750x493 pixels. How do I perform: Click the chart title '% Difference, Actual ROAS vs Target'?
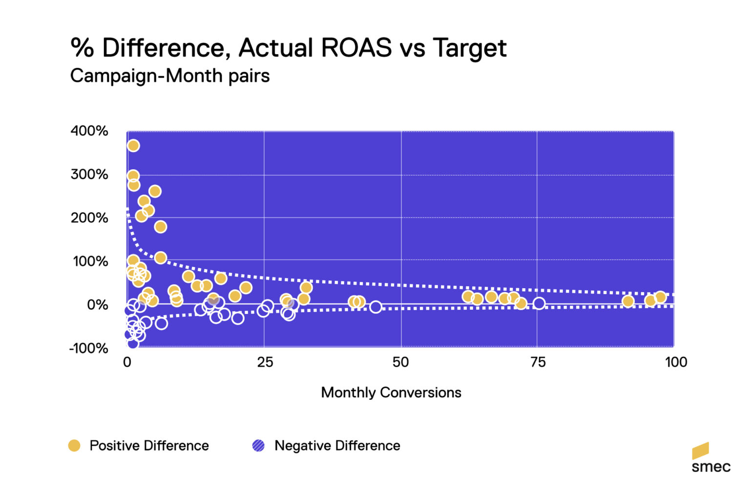[289, 48]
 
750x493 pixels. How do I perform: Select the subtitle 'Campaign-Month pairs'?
[170, 76]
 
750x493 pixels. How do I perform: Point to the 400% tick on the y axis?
[89, 131]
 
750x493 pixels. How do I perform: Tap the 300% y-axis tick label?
[89, 174]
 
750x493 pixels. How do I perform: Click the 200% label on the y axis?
[89, 217]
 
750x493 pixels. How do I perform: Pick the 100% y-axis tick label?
[90, 261]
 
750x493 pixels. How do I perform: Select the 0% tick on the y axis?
[97, 305]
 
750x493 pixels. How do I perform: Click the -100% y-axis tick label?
[88, 348]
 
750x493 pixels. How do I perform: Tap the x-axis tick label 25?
[265, 362]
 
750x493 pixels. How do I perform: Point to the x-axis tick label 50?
[401, 362]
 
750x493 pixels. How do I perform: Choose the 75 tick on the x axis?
[538, 362]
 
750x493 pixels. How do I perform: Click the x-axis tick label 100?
[676, 362]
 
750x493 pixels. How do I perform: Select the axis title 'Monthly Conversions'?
[391, 393]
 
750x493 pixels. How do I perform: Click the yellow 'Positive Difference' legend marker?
[74, 446]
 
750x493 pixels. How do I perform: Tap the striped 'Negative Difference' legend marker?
[258, 446]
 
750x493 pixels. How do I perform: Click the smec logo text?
[711, 467]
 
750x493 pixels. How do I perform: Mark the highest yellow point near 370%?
[133, 146]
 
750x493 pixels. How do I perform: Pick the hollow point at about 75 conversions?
[539, 303]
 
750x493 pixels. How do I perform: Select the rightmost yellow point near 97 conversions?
[660, 297]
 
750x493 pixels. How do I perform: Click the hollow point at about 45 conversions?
[375, 307]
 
